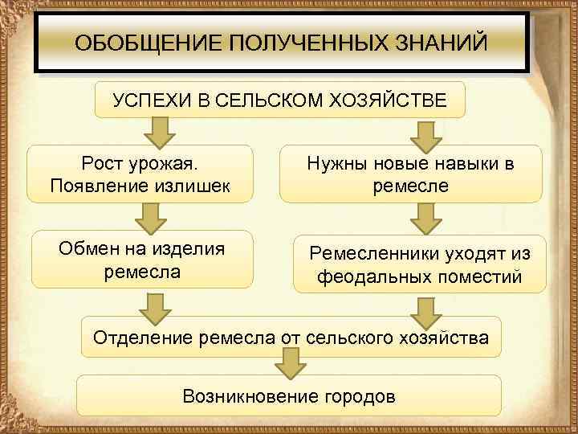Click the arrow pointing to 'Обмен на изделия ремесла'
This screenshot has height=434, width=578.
coord(150,217)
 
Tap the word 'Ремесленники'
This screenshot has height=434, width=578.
coord(371,254)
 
